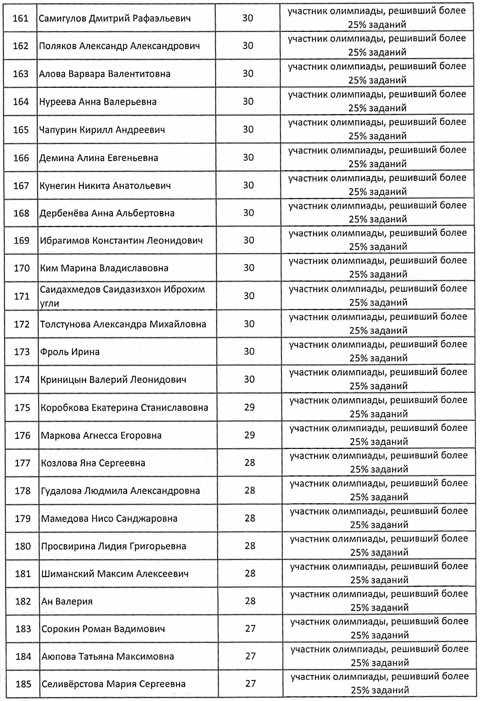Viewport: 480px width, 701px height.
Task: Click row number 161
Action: (21, 18)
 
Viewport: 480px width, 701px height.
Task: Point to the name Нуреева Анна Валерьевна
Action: (98, 102)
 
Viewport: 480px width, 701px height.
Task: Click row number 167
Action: (21, 186)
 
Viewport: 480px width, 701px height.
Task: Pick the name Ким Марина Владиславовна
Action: (104, 268)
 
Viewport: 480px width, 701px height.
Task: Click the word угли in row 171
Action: (50, 303)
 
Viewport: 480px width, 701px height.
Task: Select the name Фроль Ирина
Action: (70, 352)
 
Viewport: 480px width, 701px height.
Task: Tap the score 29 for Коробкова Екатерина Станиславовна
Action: (250, 407)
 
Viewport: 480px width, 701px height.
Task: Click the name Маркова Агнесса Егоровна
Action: (101, 435)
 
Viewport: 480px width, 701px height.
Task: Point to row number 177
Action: (23, 463)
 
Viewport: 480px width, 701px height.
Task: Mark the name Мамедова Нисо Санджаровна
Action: (109, 519)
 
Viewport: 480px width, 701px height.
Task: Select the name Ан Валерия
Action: (67, 602)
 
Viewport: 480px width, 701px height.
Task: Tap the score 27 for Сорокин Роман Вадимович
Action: (251, 629)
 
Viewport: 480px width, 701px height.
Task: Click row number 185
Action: (23, 684)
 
